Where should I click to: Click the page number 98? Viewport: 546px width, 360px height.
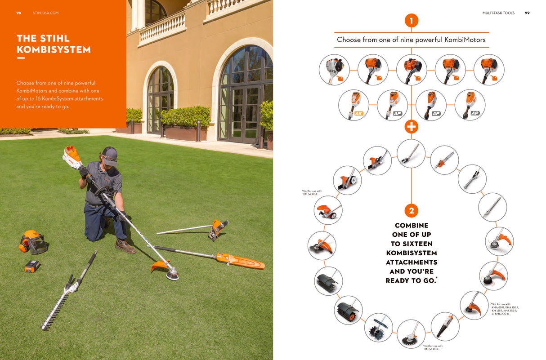18,13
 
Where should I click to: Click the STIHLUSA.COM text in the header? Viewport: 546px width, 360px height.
45,13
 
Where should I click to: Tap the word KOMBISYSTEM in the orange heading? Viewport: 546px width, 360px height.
54,50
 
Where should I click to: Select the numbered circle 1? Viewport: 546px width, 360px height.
411,20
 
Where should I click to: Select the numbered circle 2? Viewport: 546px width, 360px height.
411,210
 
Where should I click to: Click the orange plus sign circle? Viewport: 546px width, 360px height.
411,127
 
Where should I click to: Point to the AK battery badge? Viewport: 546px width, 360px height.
359,113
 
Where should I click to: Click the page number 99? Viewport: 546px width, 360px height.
527,13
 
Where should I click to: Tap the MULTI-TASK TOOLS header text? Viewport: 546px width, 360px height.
498,13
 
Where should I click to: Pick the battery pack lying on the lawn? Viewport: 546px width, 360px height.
32,266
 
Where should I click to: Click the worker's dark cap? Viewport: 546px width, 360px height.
109,153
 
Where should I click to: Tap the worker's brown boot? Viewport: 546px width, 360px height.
125,246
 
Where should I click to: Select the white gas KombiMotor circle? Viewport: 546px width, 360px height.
334,70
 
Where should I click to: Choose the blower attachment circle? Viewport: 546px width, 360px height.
445,326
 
